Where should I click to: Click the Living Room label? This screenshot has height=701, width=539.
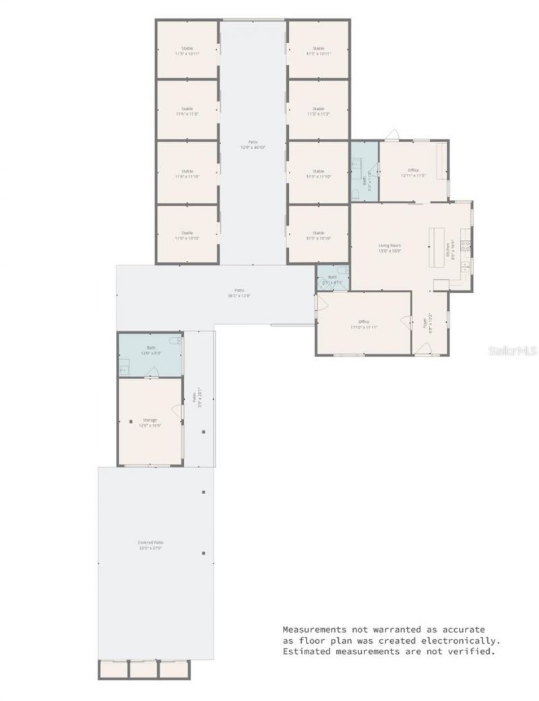click(x=389, y=245)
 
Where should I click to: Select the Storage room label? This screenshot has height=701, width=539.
click(x=150, y=420)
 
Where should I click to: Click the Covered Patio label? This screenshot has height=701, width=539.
click(x=151, y=542)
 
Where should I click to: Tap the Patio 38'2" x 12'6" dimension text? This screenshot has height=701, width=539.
click(x=239, y=295)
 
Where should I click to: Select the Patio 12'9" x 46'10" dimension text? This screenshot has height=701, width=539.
click(x=253, y=147)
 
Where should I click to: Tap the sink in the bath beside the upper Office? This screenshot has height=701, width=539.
click(x=357, y=164)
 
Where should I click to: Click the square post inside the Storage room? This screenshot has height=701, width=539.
click(x=130, y=421)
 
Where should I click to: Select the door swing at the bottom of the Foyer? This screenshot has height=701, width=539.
click(x=423, y=348)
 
